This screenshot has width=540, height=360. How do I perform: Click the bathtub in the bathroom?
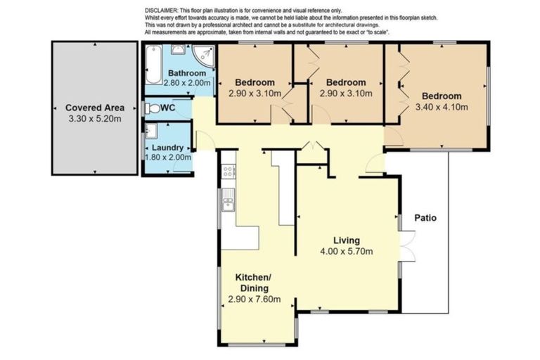pos(153,65)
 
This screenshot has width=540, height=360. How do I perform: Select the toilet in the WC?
pos(152,108)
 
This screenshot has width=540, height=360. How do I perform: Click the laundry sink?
pos(152,131)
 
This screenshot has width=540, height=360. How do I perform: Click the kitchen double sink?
pos(228,200)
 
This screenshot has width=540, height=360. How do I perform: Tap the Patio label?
pos(425,218)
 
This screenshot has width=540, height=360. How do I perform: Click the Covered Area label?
pos(95,108)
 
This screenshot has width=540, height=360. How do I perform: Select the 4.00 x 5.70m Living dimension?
pos(347,252)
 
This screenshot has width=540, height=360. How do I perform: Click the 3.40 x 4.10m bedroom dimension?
pos(442,107)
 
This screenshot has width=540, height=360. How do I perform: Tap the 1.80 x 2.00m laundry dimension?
pos(168,157)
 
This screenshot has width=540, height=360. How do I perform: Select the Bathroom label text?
pos(187,73)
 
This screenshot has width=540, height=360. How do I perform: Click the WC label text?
pos(168,108)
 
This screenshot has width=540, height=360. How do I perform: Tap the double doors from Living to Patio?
pos(408,245)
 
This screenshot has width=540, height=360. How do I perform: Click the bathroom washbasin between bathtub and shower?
pos(178,50)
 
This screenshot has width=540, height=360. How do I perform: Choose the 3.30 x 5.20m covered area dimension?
pos(95,119)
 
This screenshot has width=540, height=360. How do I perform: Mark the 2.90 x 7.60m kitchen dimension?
pos(255,299)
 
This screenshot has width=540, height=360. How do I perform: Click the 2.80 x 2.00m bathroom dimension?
pos(187,83)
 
